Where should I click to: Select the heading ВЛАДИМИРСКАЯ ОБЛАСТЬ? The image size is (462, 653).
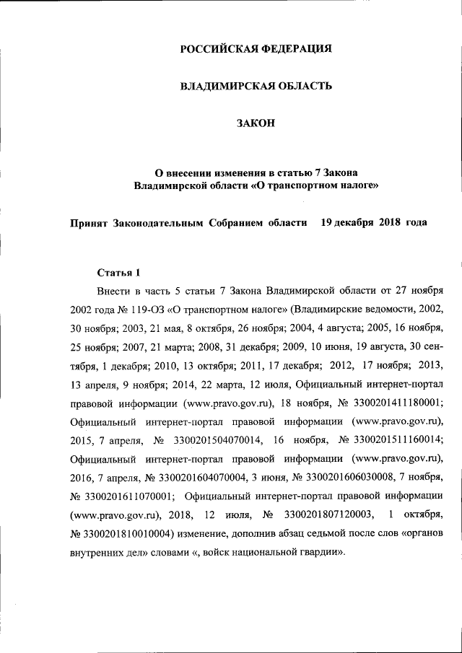click(256, 87)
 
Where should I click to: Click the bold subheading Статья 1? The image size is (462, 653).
click(118, 272)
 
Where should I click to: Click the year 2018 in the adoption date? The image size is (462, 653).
click(390, 222)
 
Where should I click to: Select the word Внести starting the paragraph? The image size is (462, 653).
click(113, 291)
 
